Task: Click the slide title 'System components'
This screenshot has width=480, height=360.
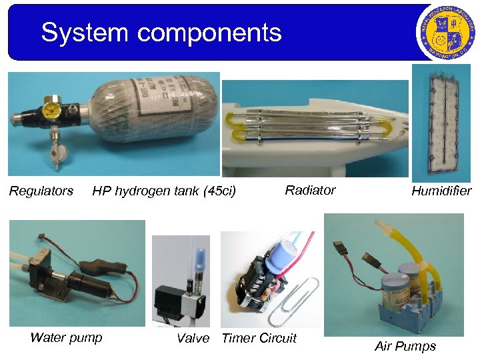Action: tap(161, 32)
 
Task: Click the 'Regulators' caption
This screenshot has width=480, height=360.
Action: tap(41, 191)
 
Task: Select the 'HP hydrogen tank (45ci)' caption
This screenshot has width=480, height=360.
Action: tap(164, 191)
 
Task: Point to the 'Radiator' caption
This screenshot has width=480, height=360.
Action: tap(310, 190)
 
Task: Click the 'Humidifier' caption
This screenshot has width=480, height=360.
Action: tap(441, 191)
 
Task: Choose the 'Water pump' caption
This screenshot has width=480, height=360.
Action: tap(67, 337)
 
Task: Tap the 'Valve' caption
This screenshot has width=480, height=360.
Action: tap(193, 338)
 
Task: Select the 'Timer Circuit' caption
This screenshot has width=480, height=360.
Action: tap(259, 338)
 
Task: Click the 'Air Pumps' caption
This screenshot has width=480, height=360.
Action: tap(405, 346)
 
